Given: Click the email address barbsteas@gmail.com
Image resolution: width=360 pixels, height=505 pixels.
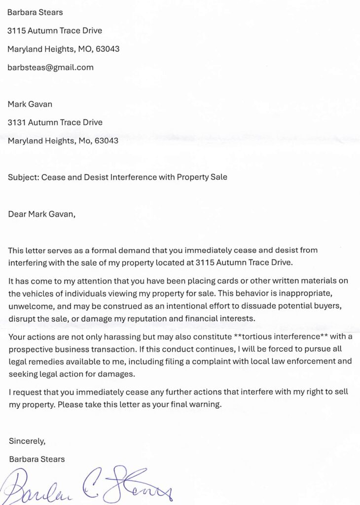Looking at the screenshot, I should pos(50,68).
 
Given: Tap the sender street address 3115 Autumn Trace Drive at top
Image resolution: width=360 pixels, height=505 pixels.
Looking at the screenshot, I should pos(55,31).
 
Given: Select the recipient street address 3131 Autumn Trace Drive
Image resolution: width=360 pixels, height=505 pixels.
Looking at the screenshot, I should pos(55,122).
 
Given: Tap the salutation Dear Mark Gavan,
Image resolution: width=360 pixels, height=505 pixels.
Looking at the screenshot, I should pos(41,214).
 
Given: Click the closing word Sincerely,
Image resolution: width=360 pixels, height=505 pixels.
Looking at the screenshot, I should pos(27,440).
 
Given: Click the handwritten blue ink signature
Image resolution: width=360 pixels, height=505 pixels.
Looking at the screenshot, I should pos(89,486).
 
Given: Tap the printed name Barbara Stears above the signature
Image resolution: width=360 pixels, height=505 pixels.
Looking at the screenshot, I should pos(37,459).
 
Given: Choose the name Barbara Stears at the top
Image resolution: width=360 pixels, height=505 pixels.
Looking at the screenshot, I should pos(35,12).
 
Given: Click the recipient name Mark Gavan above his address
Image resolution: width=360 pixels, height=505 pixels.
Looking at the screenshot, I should pos(31,104).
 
